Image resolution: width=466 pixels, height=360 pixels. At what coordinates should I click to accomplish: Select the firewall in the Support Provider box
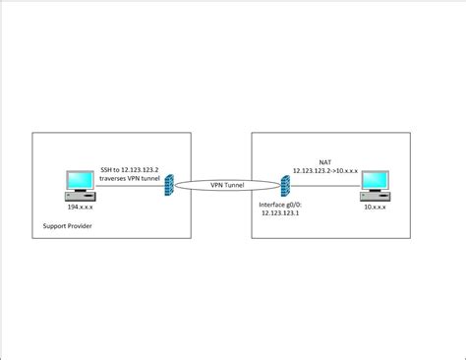pyautogui.click(x=169, y=184)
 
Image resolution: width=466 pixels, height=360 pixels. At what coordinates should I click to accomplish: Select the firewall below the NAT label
pyautogui.click(x=285, y=184)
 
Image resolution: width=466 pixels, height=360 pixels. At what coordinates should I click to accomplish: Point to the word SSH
pyautogui.click(x=108, y=168)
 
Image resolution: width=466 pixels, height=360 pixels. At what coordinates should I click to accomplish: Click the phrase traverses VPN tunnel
pyautogui.click(x=130, y=177)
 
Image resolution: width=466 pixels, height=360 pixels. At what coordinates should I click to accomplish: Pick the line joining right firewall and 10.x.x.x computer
pyautogui.click(x=324, y=184)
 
